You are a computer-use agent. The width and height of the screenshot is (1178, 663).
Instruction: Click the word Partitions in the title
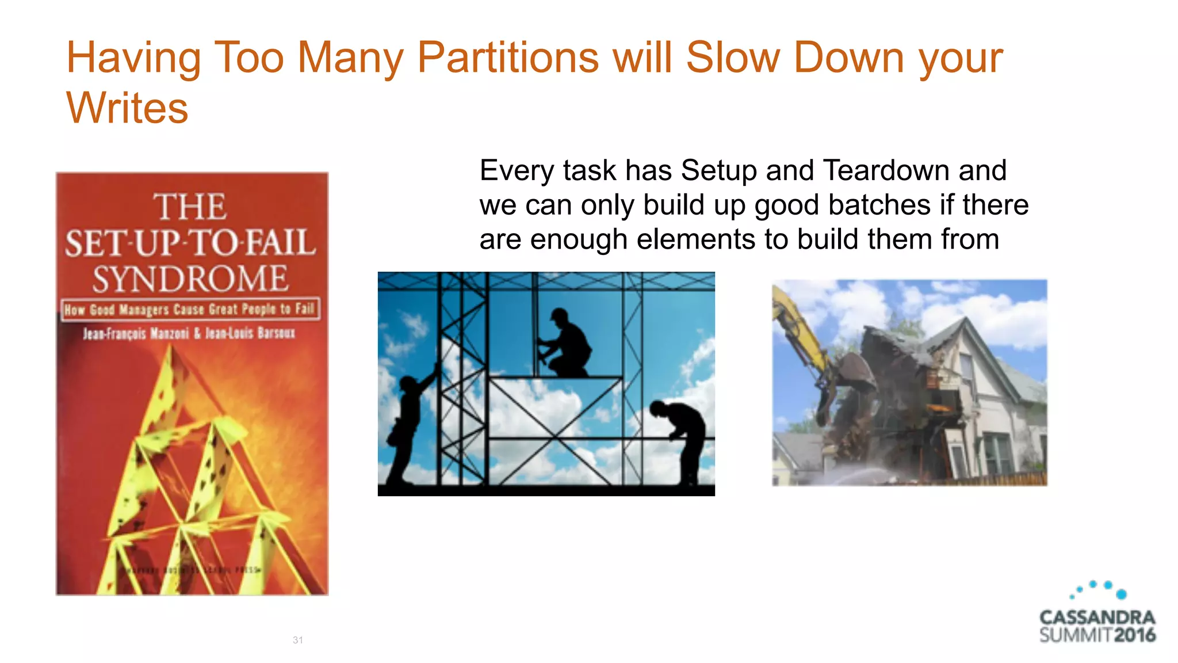click(x=508, y=58)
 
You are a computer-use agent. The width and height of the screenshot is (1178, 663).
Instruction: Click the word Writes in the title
click(x=127, y=108)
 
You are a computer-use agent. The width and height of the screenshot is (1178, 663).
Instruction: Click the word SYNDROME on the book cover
click(x=190, y=279)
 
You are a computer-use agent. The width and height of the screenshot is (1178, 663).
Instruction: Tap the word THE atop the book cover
click(x=190, y=207)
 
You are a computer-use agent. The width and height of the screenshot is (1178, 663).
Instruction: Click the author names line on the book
click(x=189, y=333)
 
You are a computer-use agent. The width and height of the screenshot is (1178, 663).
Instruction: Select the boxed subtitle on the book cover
click(x=190, y=309)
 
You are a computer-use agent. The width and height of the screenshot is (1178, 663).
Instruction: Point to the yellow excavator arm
click(x=802, y=328)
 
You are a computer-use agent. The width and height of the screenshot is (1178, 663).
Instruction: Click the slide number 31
click(x=297, y=640)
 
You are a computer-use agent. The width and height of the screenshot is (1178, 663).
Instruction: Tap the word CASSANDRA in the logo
click(x=1097, y=618)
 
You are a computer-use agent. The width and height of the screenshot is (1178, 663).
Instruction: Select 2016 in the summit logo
click(x=1134, y=635)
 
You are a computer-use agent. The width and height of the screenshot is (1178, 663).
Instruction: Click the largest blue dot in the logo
click(x=1121, y=595)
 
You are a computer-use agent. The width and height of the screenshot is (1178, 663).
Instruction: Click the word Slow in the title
click(x=732, y=58)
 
